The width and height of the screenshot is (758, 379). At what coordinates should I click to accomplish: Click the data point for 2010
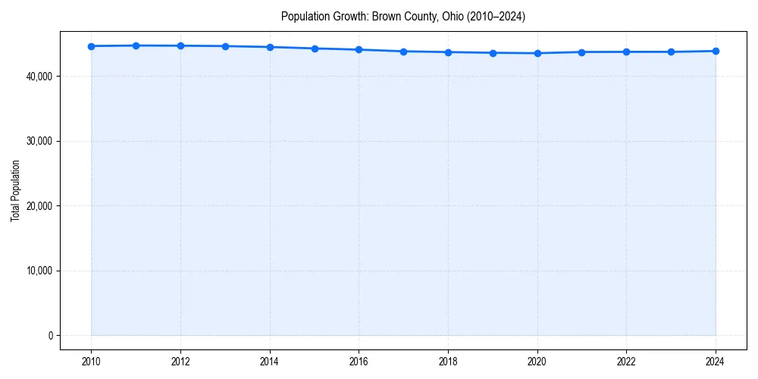[x=91, y=46]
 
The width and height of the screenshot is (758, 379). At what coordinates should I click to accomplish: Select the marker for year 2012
[x=180, y=45]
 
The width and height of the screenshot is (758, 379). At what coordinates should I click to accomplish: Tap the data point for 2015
[x=315, y=49]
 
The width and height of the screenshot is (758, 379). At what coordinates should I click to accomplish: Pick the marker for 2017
[x=403, y=52]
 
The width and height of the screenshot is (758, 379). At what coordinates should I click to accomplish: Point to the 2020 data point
[x=537, y=53]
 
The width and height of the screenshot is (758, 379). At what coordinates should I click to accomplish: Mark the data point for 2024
[x=716, y=51]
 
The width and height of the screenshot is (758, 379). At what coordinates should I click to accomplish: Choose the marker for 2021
[x=581, y=52]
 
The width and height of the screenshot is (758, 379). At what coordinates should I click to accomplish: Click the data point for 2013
[x=225, y=46]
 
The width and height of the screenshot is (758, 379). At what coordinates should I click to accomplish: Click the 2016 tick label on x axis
[x=359, y=362]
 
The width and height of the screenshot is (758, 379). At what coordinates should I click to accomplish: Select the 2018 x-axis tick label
[x=448, y=362]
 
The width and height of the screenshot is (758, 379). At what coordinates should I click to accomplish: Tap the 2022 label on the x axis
[x=626, y=362]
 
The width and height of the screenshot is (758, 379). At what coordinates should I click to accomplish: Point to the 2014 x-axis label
[x=270, y=362]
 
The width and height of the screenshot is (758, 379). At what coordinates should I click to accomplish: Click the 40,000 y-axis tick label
[x=38, y=77]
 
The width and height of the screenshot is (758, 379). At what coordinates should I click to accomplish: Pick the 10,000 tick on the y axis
[x=38, y=271]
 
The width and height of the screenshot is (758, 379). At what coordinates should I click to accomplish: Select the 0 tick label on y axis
[x=49, y=336]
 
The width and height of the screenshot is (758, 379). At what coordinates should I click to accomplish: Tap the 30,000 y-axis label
[x=38, y=141]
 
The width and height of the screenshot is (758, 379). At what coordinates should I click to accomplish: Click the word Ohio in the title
[x=442, y=16]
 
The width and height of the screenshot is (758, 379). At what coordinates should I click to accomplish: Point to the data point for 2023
[x=671, y=52]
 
